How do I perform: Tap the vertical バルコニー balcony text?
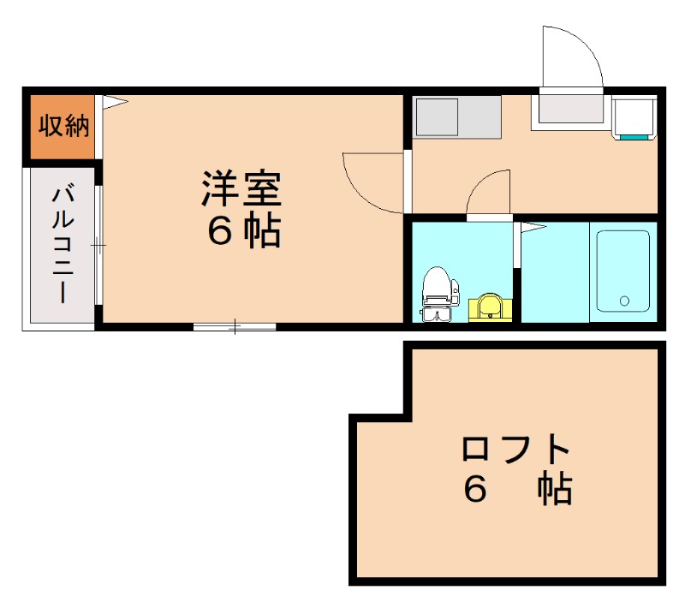[63, 244]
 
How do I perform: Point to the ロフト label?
[515, 449]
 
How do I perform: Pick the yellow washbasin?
[490, 306]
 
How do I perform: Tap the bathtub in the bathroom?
[622, 270]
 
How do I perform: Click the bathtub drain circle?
[624, 301]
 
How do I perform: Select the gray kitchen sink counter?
[457, 117]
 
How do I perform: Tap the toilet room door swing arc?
[489, 194]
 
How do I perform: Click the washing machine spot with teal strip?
[634, 119]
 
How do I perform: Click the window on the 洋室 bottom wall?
[235, 326]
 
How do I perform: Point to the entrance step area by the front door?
[571, 109]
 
